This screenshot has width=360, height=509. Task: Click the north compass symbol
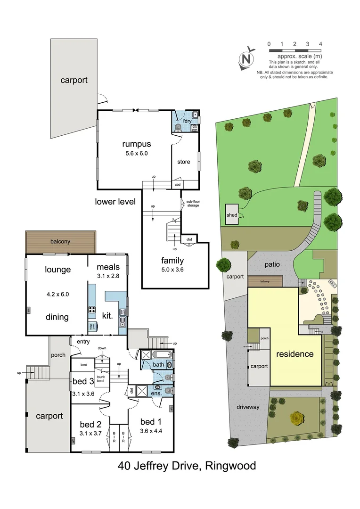pos(246,59)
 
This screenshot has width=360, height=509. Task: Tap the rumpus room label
pos(136,144)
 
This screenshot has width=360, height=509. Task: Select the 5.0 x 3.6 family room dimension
pos(172,270)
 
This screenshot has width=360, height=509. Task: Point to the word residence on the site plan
pos(295,353)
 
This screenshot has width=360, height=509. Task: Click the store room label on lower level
pos(184,162)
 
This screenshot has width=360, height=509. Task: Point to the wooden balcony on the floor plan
pos(60,242)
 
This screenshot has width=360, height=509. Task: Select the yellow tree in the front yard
pos(296,418)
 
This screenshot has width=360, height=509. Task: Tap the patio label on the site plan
pos(272,264)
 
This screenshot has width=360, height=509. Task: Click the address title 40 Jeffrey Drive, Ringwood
pos(187,466)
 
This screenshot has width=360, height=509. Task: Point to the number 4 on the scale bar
pos(320,44)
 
